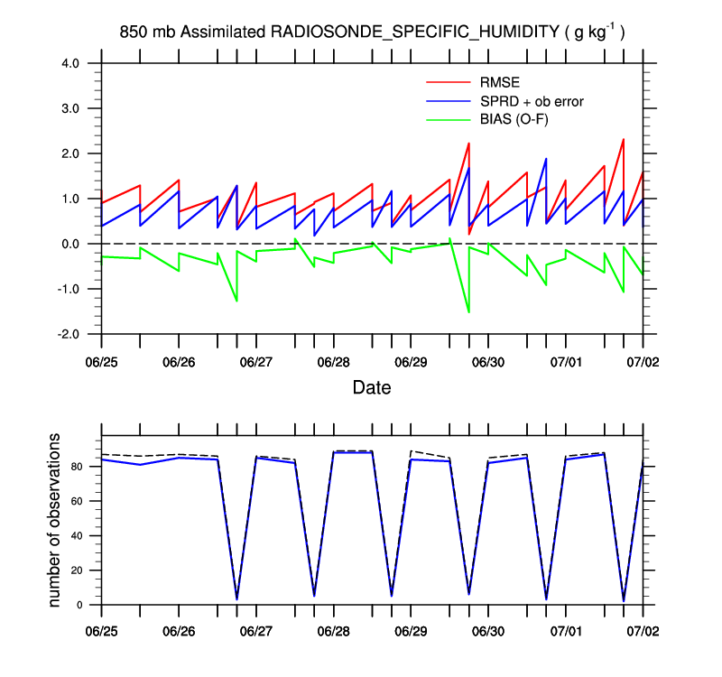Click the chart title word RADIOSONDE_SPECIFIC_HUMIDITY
[x=415, y=33]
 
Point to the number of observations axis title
[x=55, y=520]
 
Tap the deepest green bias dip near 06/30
[x=468, y=312]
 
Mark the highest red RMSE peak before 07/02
[x=624, y=139]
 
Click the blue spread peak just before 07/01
[x=546, y=159]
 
